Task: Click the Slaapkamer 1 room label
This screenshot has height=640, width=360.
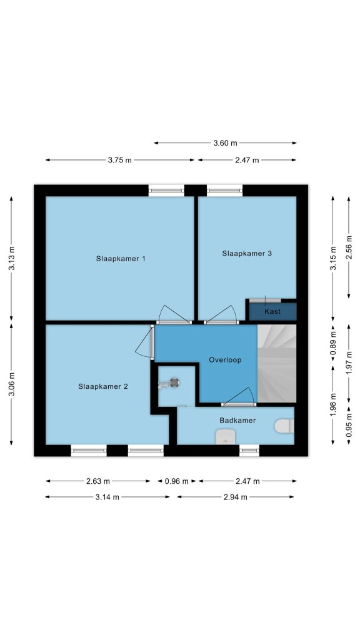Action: [x=121, y=258]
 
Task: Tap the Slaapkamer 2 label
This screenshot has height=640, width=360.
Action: [x=103, y=386]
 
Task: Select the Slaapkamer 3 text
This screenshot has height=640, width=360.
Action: [x=247, y=253]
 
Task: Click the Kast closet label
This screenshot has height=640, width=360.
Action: [x=272, y=311]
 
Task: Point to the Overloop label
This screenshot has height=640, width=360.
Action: [x=225, y=360]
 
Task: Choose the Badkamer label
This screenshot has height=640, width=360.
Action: [x=237, y=420]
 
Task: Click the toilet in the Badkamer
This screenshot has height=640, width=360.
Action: [x=284, y=426]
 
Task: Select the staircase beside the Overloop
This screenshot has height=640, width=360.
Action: [x=276, y=363]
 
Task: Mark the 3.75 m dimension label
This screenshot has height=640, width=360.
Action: [x=119, y=160]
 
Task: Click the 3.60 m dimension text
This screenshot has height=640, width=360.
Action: [x=225, y=143]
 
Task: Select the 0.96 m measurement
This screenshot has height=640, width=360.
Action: [x=177, y=481]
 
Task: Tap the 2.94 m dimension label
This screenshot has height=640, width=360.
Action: [x=236, y=497]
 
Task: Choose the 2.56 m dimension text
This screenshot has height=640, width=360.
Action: [x=349, y=247]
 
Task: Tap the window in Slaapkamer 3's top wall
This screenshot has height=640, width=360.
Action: [x=224, y=190]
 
